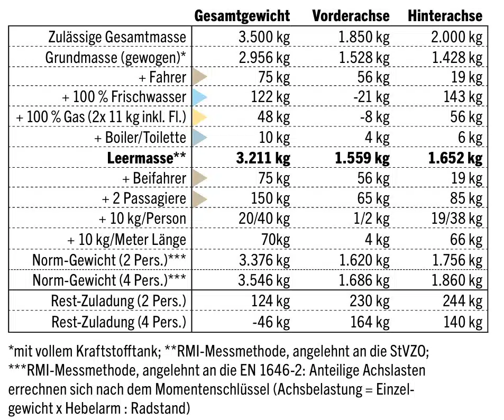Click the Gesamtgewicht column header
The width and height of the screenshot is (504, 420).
(242, 16)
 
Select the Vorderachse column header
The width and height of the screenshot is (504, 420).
(351, 16)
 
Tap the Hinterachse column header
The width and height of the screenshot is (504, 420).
(445, 16)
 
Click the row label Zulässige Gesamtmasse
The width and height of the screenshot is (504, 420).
(117, 37)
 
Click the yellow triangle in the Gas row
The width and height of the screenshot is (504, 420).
(199, 117)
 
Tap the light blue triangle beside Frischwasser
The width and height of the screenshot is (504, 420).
(199, 97)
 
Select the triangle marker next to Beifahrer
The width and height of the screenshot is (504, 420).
(199, 178)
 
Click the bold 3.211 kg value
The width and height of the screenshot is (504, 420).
(260, 158)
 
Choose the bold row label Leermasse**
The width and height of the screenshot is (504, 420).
(146, 158)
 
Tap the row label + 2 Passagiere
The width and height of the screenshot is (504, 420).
(144, 199)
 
